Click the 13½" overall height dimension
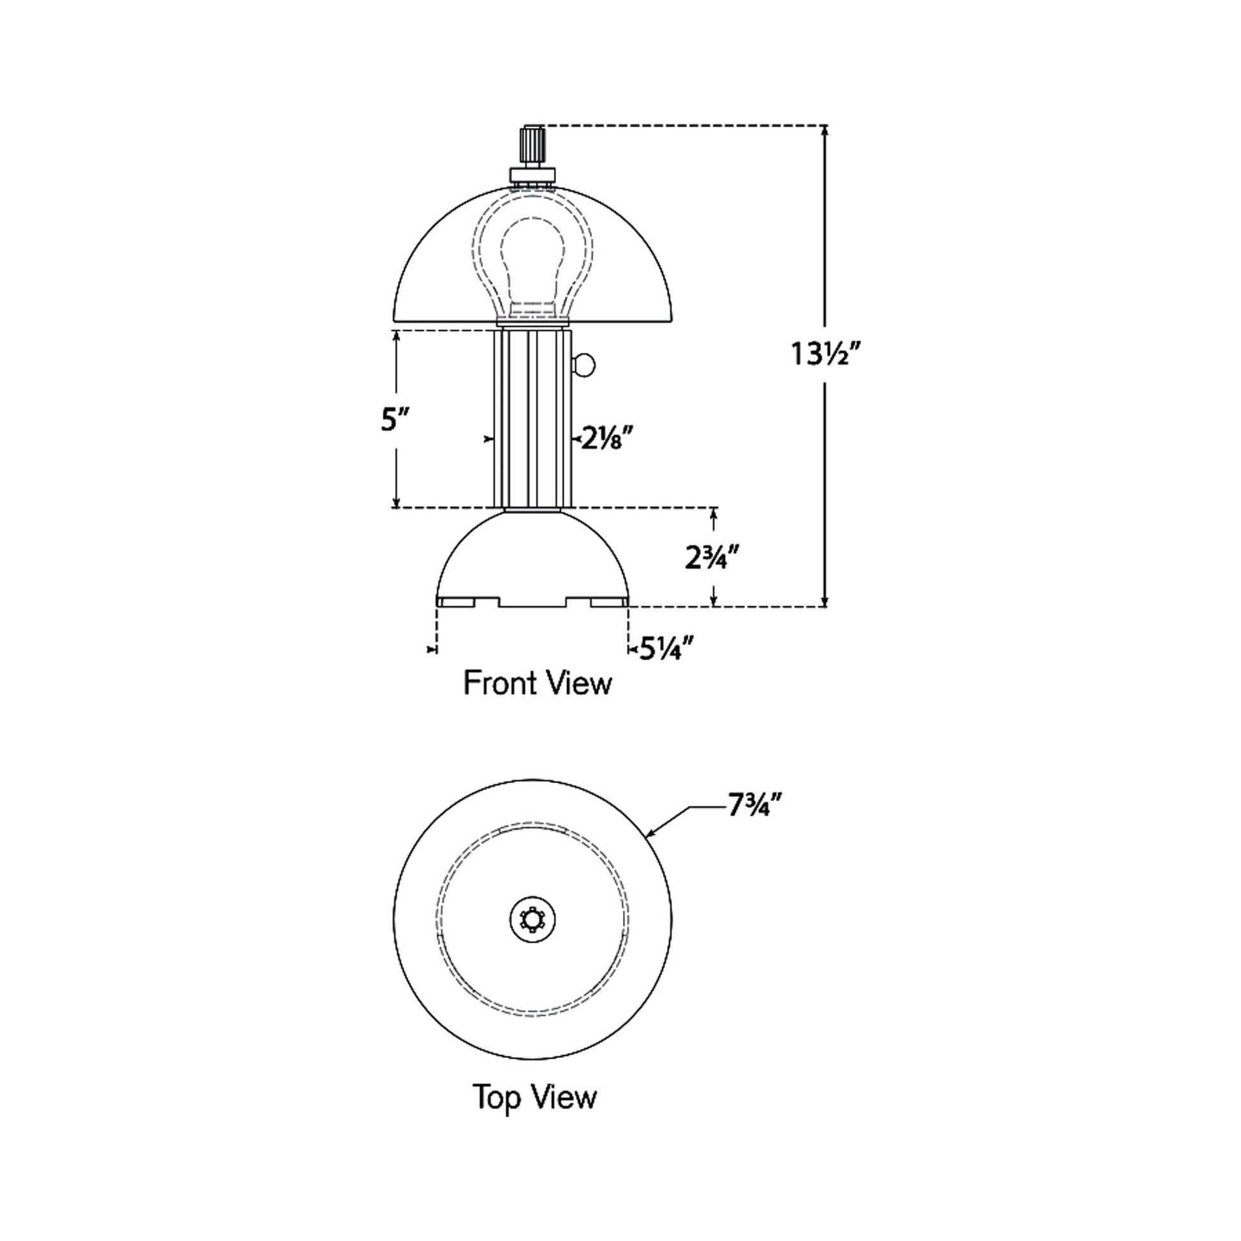coord(824,354)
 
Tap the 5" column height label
coord(395,420)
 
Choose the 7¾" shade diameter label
coord(755,805)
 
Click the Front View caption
coord(537,683)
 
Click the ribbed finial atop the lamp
coord(532,147)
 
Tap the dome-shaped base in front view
coord(532,559)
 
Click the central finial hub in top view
coord(532,920)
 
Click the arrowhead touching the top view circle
coord(649,835)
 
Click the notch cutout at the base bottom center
coord(532,602)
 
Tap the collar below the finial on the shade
coord(532,175)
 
